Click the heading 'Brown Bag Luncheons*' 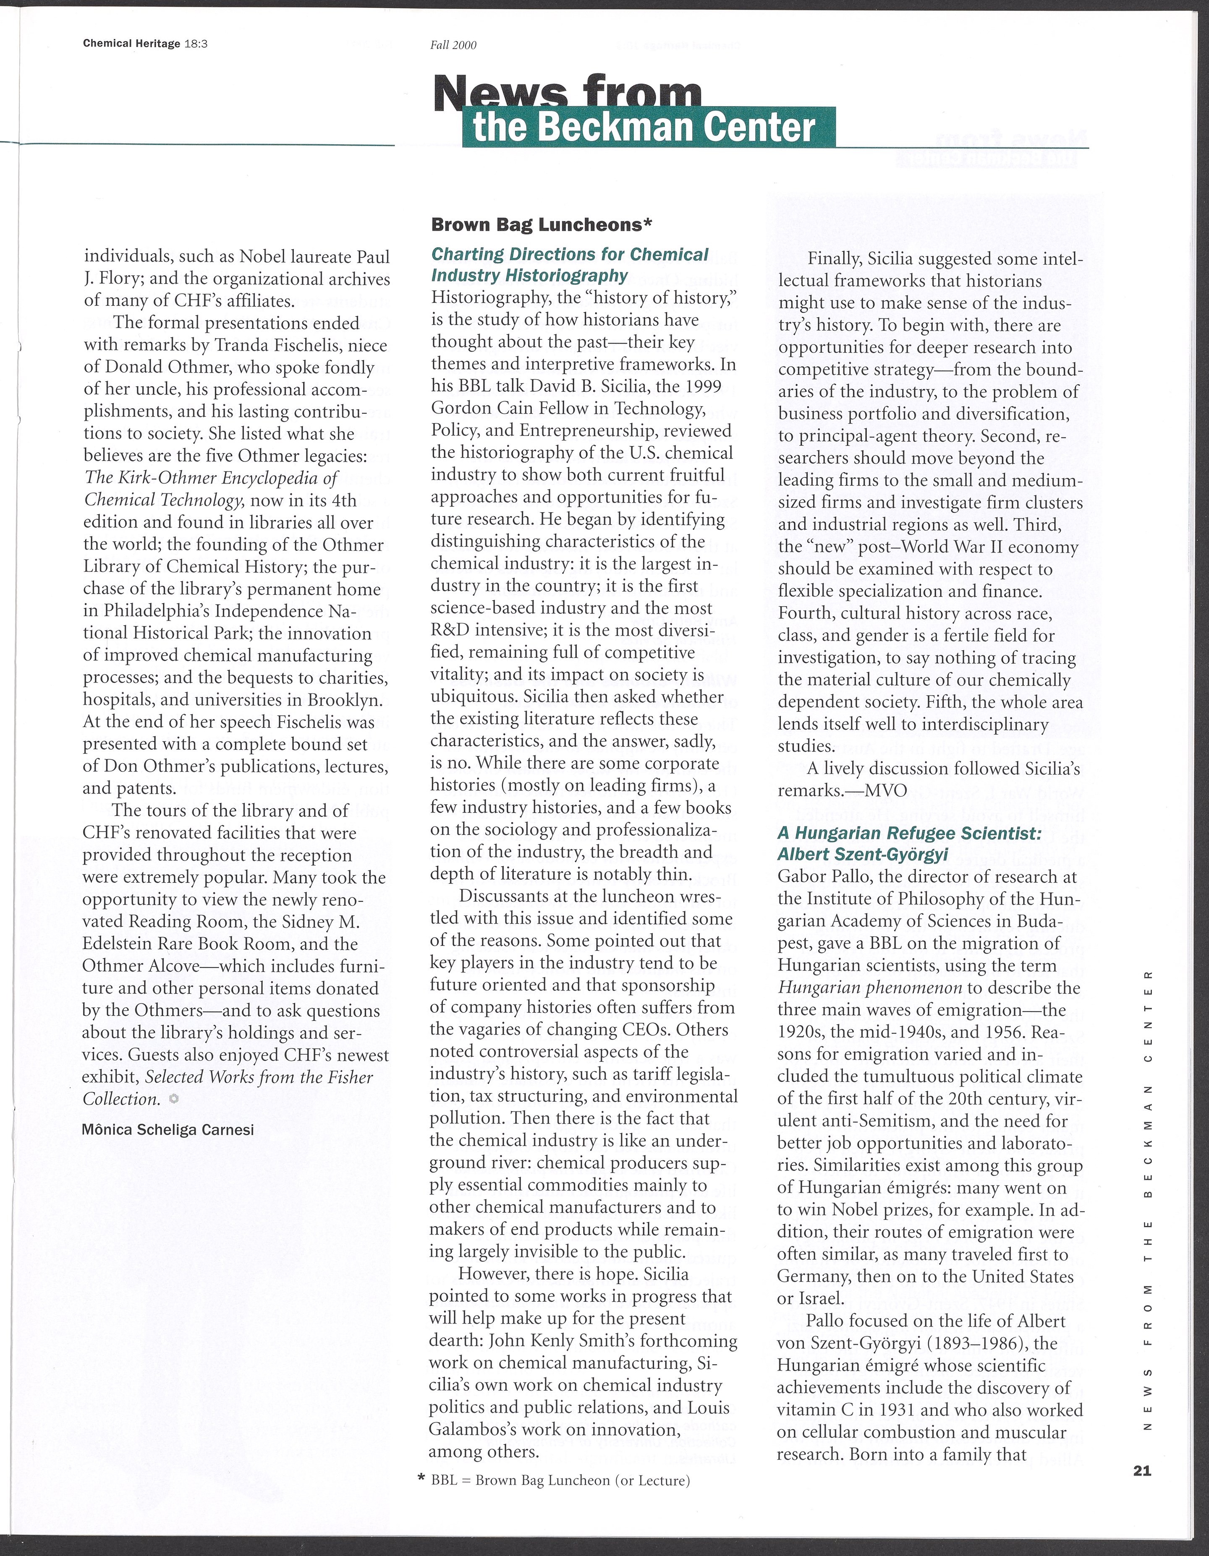click(x=542, y=225)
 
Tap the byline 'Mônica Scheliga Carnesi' click(x=168, y=1130)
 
